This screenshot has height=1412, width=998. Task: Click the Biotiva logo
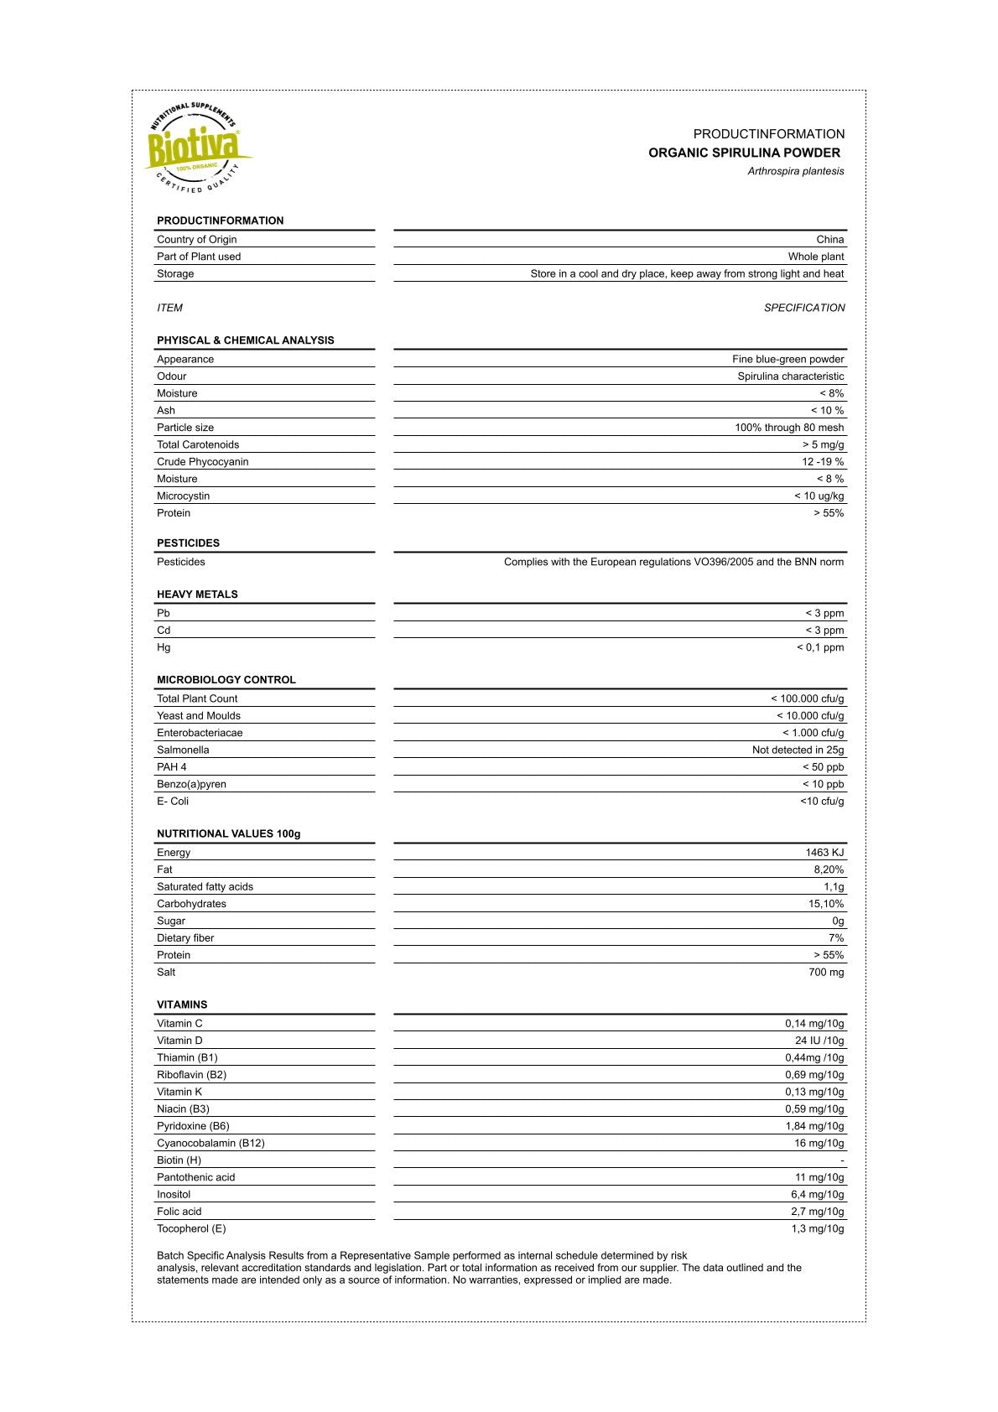pos(197,148)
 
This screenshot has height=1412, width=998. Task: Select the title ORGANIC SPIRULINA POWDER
pos(744,153)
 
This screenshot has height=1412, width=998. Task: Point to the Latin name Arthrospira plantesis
pos(796,171)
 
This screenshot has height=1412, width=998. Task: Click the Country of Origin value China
pos(830,240)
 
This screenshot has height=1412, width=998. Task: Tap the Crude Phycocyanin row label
pos(202,462)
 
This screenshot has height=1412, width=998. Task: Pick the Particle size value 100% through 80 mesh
pos(789,428)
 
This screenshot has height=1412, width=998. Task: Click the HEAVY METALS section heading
pos(197,594)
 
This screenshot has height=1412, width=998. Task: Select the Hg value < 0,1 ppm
pos(820,647)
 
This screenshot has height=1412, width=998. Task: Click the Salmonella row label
pos(183,750)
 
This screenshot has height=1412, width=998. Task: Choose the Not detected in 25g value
pos(798,750)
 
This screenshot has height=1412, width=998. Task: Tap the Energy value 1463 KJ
pos(824,853)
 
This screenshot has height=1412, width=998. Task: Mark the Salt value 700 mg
pos(826,973)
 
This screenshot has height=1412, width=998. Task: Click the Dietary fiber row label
pos(185,938)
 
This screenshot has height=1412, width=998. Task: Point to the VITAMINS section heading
pos(182,1004)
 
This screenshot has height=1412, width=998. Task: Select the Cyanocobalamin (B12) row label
pos(211,1144)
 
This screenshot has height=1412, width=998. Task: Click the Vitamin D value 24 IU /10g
pos(819,1041)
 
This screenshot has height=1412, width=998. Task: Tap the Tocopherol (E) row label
pos(191,1229)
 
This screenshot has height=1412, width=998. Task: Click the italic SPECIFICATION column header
pos(804,308)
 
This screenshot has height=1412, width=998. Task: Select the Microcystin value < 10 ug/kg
pos(819,496)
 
